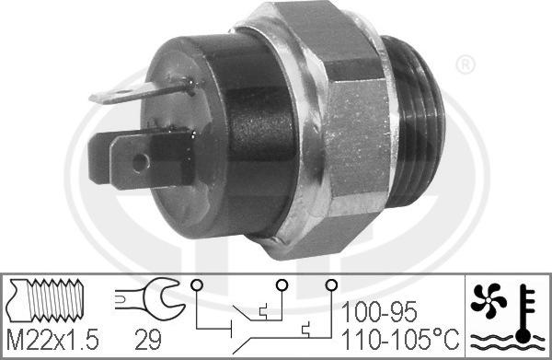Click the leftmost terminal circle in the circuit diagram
(195, 286)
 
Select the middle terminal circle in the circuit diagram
(283, 286)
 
